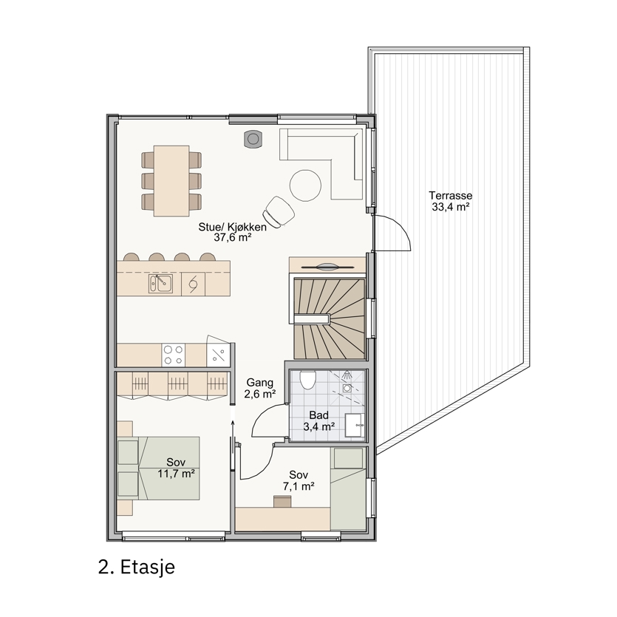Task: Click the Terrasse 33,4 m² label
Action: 451,201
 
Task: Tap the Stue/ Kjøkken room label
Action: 232,232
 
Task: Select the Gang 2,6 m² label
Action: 259,389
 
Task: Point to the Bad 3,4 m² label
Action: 318,420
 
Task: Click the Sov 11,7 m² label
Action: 177,468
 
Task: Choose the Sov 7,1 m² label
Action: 299,480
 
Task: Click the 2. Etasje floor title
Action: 137,567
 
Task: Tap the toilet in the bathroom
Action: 307,380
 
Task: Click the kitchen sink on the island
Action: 160,283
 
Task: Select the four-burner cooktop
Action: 174,355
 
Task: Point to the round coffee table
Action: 305,185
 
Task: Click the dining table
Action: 171,180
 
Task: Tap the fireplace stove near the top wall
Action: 253,139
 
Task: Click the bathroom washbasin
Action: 355,426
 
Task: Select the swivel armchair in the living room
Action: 279,211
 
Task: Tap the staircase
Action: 330,318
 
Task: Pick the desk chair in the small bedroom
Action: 282,501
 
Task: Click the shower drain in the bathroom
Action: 347,389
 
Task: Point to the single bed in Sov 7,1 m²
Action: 348,489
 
